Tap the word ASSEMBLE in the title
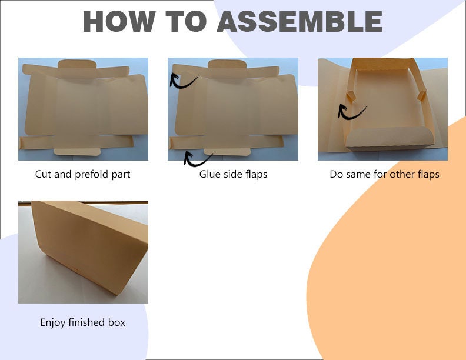300,22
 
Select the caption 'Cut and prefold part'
83,174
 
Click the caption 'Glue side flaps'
233,174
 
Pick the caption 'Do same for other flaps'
384,174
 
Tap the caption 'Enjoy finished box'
82,322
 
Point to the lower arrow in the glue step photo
198,158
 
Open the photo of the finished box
83,252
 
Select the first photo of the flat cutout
83,109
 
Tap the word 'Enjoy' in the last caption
53,322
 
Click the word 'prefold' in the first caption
95,174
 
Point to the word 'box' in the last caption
116,322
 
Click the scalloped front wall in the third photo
389,139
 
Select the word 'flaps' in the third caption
427,174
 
